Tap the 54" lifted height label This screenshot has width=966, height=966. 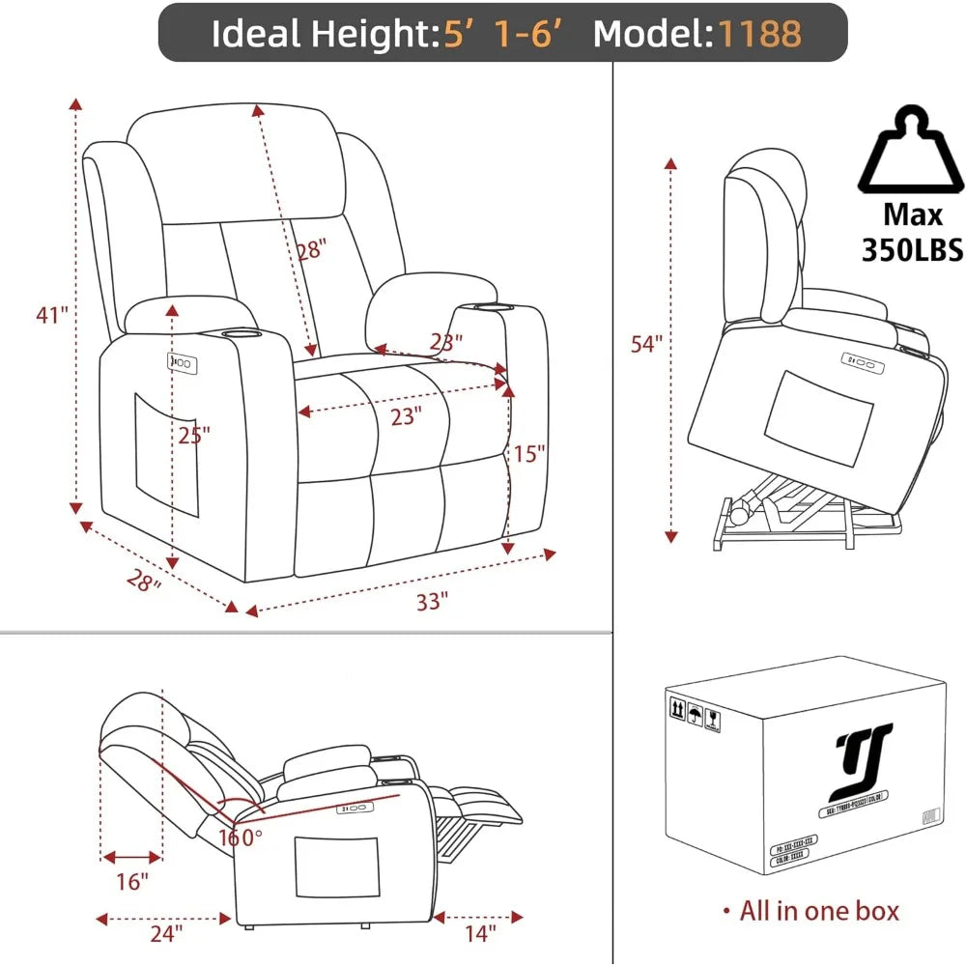[x=646, y=344]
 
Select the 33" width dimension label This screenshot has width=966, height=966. [x=433, y=601]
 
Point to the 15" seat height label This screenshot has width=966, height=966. [x=529, y=452]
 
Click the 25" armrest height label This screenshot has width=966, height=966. [x=194, y=436]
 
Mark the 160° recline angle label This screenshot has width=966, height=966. [x=240, y=837]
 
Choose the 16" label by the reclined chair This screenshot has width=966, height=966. [x=131, y=881]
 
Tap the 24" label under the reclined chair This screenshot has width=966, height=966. [x=166, y=933]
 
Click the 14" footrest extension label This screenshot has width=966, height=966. [x=478, y=933]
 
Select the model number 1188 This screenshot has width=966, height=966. [x=759, y=34]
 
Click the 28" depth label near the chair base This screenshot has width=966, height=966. [x=142, y=582]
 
